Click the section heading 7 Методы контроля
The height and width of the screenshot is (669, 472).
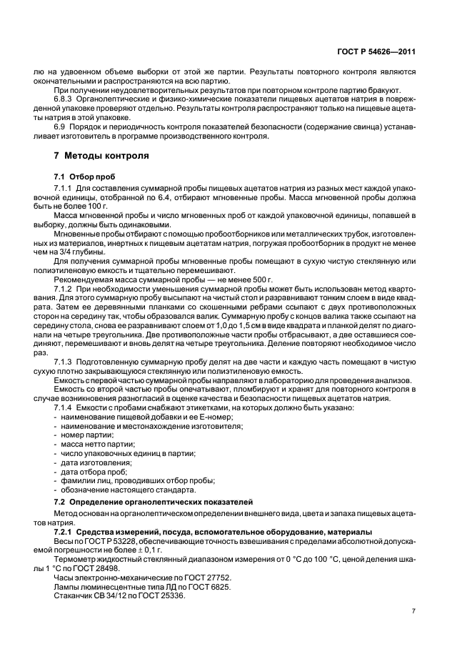[102, 154]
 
